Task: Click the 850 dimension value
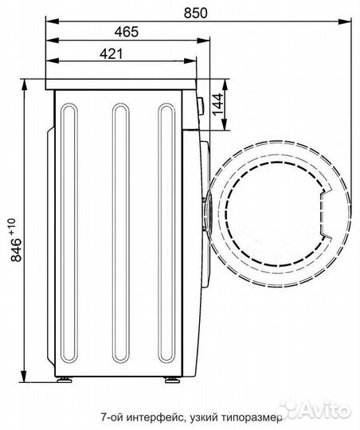coord(195,13)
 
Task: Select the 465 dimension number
coord(127,32)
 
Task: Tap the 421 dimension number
coord(112,54)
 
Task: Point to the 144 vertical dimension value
coord(218,104)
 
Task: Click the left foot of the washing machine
coord(65,380)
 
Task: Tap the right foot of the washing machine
coord(172,380)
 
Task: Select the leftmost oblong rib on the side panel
coord(69,233)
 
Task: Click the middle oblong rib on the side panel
coord(121,233)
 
